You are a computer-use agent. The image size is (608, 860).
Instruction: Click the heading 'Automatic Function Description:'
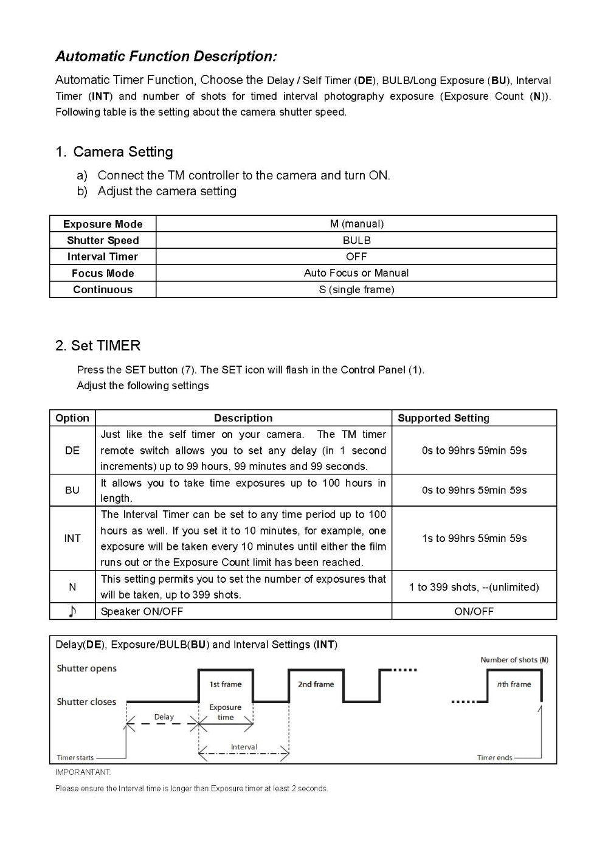pos(166,57)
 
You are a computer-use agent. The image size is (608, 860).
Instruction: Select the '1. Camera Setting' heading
pos(114,152)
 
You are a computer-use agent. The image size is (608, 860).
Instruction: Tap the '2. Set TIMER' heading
pos(98,345)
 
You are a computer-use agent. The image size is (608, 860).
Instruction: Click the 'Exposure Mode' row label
pos(103,224)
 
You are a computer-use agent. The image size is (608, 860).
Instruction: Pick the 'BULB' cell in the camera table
pos(356,240)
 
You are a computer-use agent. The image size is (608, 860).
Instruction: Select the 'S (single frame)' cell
pos(356,290)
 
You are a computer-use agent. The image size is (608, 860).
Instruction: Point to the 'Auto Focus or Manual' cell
pos(356,273)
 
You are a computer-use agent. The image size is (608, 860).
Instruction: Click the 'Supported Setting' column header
pos(443,418)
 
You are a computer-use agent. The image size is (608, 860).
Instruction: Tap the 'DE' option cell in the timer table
pos(72,451)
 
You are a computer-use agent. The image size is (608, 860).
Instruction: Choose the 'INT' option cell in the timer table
pos(72,538)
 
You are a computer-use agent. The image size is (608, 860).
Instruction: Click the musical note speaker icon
pos(72,611)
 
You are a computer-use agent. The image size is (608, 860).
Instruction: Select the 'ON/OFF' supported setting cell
pos(474,611)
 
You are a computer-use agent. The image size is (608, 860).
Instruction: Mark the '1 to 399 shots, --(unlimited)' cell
pos(474,587)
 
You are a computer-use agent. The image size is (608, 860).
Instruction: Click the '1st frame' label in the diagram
pos(226,684)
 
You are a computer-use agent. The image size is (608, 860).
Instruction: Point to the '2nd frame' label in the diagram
pos(316,684)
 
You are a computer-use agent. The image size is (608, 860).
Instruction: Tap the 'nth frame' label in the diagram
pos(514,684)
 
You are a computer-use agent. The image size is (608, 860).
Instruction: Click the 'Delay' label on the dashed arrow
pos(164,717)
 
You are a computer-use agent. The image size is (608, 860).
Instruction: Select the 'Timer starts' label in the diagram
pos(75,758)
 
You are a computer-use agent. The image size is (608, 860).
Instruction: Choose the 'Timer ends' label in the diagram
pos(495,758)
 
